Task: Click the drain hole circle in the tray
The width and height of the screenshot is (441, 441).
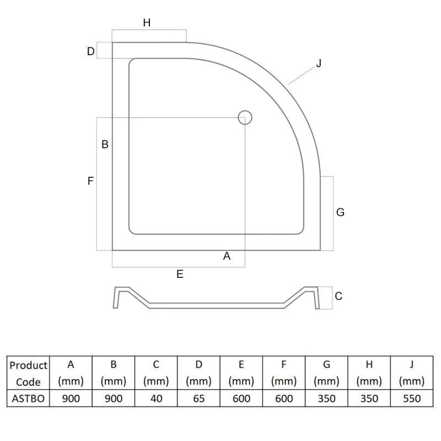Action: pyautogui.click(x=245, y=111)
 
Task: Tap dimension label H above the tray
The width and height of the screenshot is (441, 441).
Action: pyautogui.click(x=147, y=23)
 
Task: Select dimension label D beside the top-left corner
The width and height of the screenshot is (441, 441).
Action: pyautogui.click(x=90, y=51)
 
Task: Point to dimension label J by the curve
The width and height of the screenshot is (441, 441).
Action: pyautogui.click(x=319, y=63)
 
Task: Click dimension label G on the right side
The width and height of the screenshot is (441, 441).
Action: pyautogui.click(x=340, y=212)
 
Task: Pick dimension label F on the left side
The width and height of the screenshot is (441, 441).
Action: pyautogui.click(x=90, y=181)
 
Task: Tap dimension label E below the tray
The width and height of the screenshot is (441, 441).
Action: pyautogui.click(x=180, y=274)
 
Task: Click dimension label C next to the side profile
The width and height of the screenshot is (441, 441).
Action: pyautogui.click(x=338, y=296)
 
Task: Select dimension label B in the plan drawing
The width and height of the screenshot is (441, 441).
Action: pyautogui.click(x=105, y=144)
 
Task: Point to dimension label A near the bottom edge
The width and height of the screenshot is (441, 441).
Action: pyautogui.click(x=227, y=256)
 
